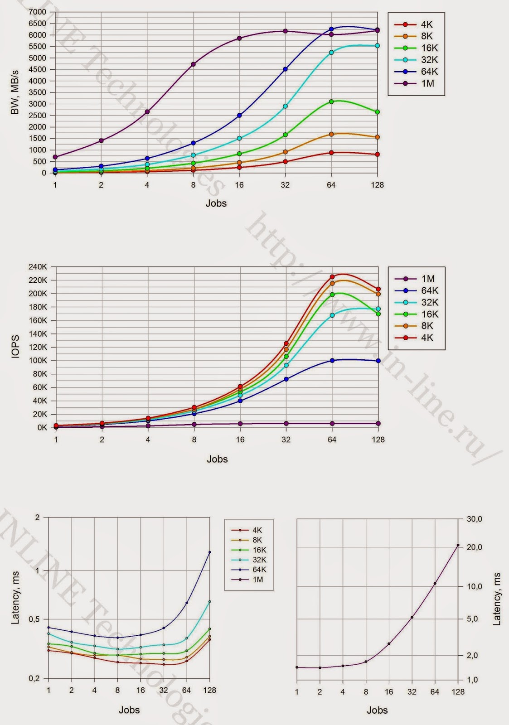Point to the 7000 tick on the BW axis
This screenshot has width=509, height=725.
(37, 12)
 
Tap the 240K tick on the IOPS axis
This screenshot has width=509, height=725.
(38, 267)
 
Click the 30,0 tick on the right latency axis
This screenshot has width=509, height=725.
(475, 519)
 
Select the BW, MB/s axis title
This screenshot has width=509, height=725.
(15, 92)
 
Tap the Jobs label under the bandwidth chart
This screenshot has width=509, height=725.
(216, 203)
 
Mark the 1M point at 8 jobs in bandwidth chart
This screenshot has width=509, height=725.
(194, 64)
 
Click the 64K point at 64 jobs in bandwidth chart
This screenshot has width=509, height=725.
(331, 29)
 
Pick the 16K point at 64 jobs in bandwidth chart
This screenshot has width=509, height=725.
(331, 101)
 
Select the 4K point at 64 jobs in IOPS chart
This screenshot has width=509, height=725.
(332, 276)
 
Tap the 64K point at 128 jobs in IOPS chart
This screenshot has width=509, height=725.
(378, 361)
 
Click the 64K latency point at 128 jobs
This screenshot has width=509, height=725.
(209, 552)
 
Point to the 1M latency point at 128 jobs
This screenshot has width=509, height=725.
(458, 545)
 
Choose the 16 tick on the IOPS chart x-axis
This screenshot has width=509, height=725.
(240, 440)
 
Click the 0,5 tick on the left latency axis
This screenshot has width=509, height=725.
(34, 619)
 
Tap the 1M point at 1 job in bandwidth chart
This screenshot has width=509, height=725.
(55, 157)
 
